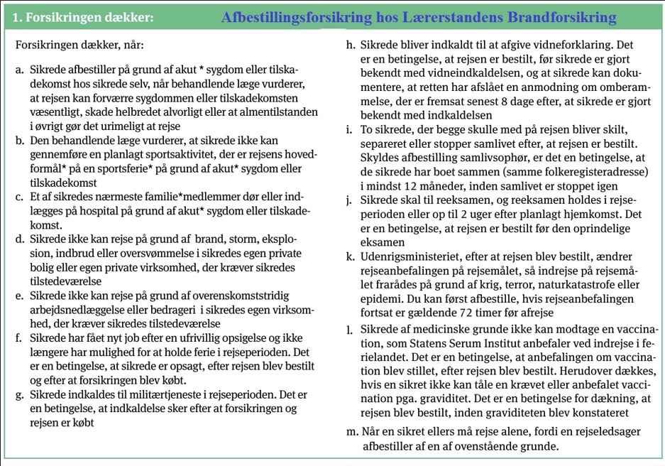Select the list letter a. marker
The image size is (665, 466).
tap(19, 70)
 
